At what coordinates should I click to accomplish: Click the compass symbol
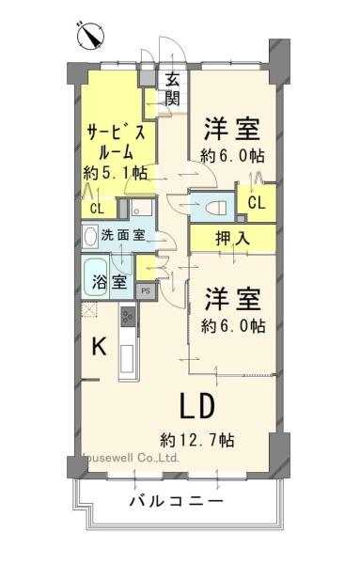(90, 36)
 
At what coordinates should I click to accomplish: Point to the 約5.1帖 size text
(116, 173)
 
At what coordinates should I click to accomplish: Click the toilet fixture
(217, 207)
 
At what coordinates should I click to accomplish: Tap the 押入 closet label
(232, 238)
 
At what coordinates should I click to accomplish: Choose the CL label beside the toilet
(257, 203)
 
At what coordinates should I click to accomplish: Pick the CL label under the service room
(97, 209)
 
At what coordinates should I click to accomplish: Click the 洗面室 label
(123, 235)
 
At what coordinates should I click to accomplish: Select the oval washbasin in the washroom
(90, 236)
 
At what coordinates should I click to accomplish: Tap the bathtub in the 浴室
(96, 277)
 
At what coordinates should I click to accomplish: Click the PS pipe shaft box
(146, 291)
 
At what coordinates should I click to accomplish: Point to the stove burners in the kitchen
(129, 316)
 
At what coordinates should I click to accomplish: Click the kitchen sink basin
(129, 359)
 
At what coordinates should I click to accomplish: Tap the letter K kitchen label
(99, 347)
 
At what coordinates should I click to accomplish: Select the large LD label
(197, 406)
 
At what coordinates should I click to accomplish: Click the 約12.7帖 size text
(197, 440)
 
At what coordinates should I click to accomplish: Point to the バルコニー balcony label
(177, 501)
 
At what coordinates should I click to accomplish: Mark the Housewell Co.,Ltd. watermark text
(131, 459)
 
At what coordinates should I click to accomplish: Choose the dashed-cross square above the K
(89, 309)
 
